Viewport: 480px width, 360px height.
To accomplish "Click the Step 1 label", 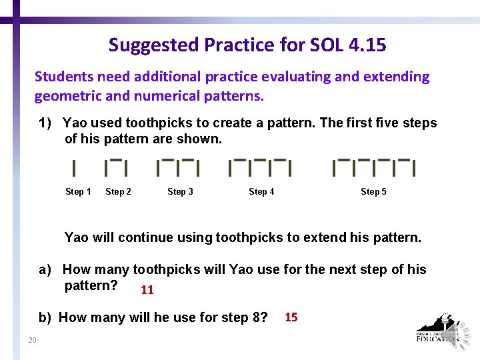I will pos(78,192).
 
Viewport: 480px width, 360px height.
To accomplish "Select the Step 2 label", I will pos(118,192).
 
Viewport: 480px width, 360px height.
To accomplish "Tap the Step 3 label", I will pos(180,192).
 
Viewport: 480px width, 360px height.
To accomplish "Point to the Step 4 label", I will pos(261,192).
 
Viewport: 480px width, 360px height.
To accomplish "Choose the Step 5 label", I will pos(373,192).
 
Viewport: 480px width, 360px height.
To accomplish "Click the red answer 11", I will pos(147,290).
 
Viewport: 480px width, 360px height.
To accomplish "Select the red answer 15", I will pos(291,317).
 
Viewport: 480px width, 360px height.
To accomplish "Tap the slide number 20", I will pos(32,341).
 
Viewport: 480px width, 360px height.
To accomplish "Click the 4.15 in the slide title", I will pos(365,45).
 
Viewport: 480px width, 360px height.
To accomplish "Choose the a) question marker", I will pos(45,270).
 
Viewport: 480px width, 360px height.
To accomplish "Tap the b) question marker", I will pos(45,317).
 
